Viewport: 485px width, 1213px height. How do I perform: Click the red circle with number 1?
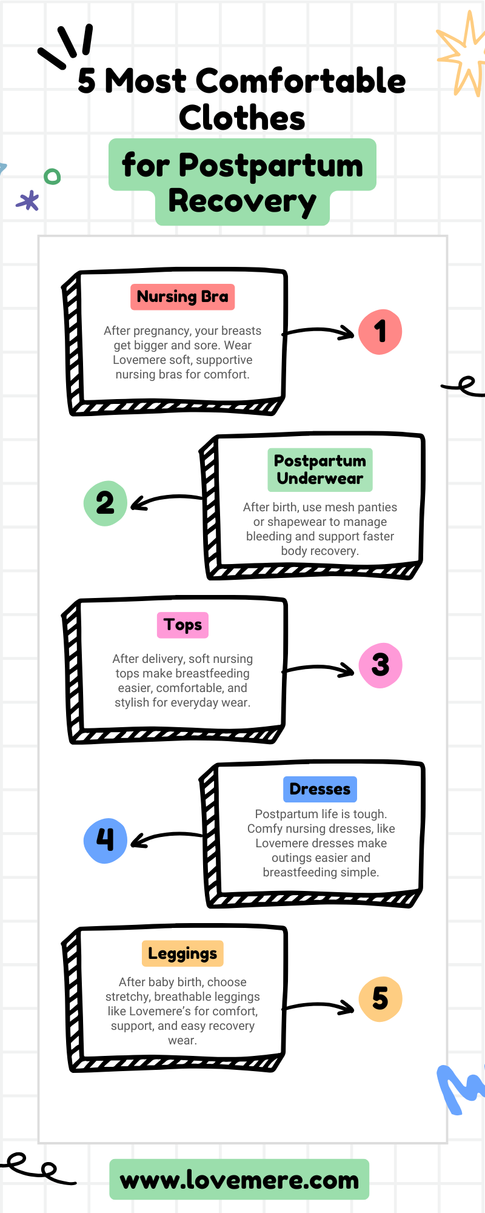pos(380,332)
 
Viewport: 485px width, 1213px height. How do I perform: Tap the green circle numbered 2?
pos(105,503)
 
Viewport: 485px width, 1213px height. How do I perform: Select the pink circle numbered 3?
pos(380,665)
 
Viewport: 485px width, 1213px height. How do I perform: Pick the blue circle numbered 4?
pos(105,841)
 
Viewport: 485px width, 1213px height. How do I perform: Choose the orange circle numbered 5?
pos(380,999)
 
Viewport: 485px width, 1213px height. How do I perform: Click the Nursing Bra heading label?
pos(182,297)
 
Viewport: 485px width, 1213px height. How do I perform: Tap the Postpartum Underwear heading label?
pos(320,470)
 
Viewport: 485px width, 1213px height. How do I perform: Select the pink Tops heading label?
pos(182,625)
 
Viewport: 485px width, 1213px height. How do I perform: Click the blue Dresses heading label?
pos(320,789)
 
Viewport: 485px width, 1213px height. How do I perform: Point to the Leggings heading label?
pos(182,953)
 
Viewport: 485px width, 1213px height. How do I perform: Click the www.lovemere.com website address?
pos(239,1180)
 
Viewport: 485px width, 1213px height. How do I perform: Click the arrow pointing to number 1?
pos(318,330)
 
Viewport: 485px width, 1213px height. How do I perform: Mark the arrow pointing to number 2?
pos(167,498)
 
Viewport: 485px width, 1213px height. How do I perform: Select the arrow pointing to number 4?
pos(167,835)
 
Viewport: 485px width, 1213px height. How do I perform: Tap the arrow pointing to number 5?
pos(318,1005)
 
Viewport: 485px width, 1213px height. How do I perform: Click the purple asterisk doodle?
pos(28,200)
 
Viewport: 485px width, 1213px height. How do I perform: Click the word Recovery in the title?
pos(242,203)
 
